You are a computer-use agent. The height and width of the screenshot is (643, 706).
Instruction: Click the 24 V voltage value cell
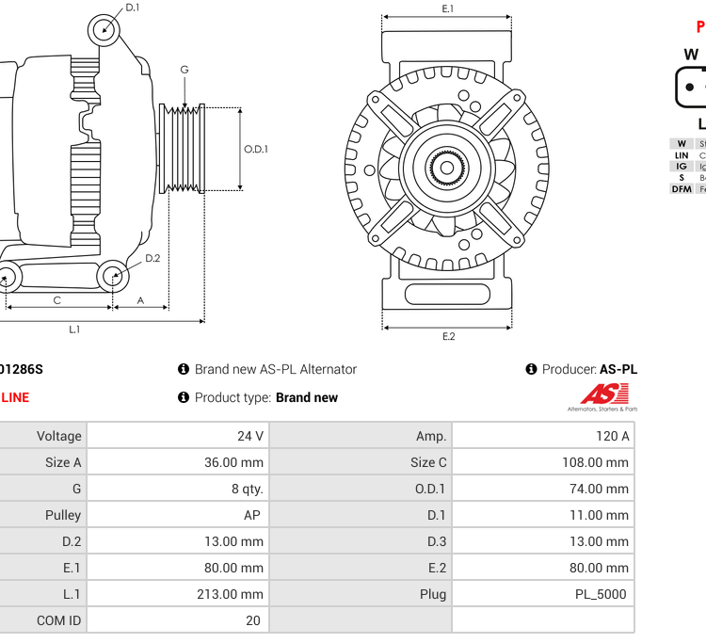point(250,436)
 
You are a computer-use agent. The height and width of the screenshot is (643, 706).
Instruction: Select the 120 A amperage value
point(612,436)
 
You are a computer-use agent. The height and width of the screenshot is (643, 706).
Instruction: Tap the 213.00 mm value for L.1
point(233,594)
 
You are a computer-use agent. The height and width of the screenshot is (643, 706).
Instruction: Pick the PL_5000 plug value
point(601,594)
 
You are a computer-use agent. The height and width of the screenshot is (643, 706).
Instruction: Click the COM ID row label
point(58,620)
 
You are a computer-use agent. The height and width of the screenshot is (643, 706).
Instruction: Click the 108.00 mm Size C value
point(595,462)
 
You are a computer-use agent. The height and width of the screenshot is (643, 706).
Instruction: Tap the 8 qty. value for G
point(248,489)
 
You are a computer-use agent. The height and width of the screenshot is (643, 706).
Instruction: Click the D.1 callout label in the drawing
point(133,8)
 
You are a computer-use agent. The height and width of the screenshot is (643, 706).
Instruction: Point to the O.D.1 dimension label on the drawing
point(256,149)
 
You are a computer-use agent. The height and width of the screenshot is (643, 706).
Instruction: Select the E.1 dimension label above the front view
point(448,8)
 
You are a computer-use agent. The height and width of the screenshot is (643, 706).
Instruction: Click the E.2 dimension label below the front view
point(448,336)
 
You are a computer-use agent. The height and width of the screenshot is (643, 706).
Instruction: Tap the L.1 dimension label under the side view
point(74,329)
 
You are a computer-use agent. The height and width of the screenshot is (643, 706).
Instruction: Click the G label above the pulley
point(185,70)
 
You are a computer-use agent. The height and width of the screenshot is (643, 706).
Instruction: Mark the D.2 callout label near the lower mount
point(152,258)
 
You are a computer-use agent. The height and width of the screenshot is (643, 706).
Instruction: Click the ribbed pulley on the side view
point(183,148)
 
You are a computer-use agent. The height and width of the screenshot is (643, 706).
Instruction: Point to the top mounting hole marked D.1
point(105,30)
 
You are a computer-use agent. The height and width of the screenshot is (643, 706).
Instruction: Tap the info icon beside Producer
point(532,369)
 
